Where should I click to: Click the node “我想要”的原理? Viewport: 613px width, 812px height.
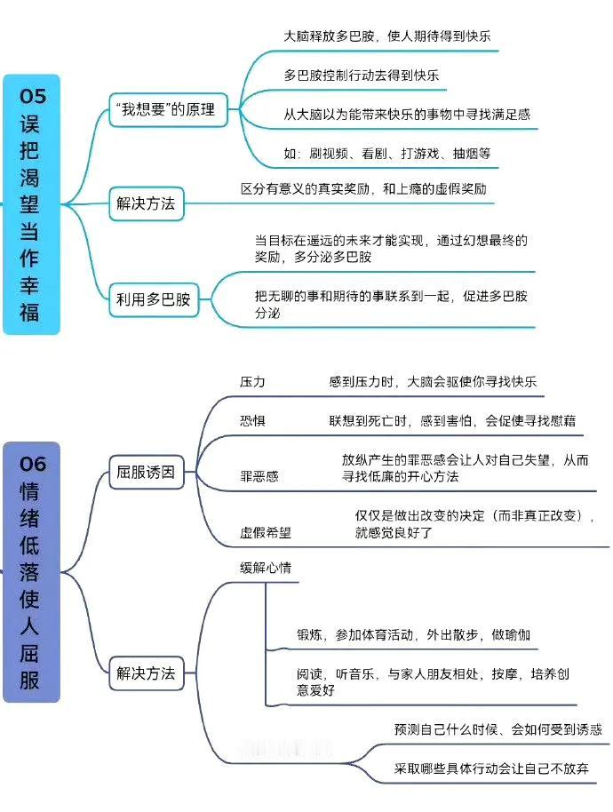(168, 110)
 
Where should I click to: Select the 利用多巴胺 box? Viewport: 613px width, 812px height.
(154, 299)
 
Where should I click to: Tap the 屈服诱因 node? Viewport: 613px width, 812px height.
(147, 473)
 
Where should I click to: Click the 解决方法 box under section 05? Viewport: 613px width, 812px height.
(147, 204)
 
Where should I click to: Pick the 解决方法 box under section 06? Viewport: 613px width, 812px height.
(147, 673)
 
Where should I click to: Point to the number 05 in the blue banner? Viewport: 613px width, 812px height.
(32, 96)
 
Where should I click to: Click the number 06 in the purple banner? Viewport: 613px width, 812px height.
(32, 464)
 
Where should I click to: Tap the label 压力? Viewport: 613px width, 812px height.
(252, 382)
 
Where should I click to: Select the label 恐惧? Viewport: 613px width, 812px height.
(252, 420)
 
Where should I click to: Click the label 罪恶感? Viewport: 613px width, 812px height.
(259, 476)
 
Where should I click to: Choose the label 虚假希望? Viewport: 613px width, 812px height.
(266, 532)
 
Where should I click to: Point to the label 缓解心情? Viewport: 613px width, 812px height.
(266, 568)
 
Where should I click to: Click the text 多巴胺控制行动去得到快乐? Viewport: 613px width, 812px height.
(362, 76)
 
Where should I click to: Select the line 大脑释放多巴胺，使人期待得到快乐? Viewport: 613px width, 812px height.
(387, 36)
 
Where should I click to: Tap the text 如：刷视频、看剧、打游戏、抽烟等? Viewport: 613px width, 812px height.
(387, 154)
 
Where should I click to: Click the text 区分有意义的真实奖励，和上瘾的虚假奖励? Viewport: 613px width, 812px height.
(363, 189)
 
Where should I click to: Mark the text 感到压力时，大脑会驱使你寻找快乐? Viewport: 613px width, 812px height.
(433, 382)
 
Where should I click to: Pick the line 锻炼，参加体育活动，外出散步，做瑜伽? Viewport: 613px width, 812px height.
(414, 635)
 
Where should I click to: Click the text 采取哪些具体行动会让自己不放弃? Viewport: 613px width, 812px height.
(491, 768)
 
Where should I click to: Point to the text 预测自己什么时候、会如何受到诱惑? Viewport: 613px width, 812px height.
(498, 729)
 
